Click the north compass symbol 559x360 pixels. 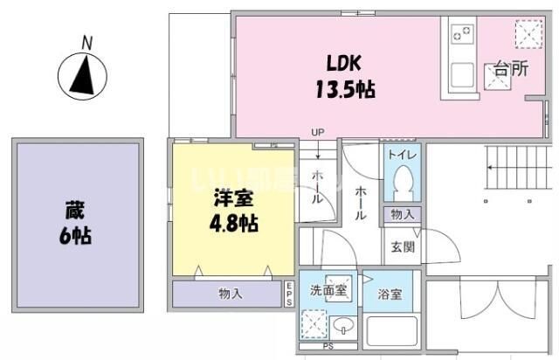click(82, 75)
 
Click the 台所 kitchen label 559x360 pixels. click(510, 70)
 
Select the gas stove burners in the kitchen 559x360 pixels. click(462, 36)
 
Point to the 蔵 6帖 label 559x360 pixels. click(77, 222)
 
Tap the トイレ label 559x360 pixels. click(403, 156)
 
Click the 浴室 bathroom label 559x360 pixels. click(390, 294)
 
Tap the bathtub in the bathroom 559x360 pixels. click(390, 333)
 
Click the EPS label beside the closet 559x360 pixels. click(289, 294)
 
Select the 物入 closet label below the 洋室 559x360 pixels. click(231, 294)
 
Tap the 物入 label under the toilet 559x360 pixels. click(403, 214)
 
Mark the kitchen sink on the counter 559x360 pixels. click(461, 74)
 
